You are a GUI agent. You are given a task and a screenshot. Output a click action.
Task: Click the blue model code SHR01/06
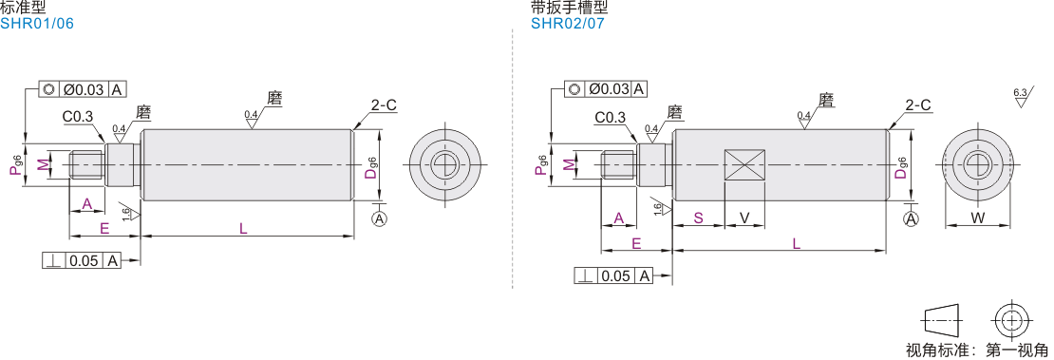[37, 24]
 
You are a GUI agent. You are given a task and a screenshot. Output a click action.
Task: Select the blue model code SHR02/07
[568, 24]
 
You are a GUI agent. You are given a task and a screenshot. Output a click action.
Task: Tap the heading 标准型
[24, 8]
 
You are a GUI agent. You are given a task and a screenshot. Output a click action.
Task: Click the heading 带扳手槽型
[570, 8]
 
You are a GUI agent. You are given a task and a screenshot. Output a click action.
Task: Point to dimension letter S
[699, 218]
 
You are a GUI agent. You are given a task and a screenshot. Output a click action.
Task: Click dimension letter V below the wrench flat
[744, 218]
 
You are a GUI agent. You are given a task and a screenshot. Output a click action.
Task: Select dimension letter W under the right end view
[978, 218]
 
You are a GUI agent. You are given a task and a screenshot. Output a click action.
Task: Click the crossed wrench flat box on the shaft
[744, 165]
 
